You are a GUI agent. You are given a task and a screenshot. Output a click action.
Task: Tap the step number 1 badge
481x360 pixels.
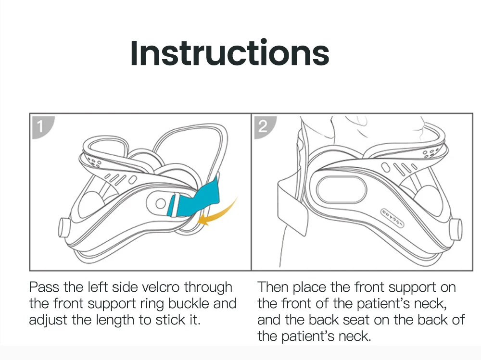tap(40, 126)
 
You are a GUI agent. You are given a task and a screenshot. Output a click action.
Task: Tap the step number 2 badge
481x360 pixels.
tap(263, 126)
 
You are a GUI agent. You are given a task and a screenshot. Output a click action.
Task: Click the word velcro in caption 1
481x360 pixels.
tap(162, 287)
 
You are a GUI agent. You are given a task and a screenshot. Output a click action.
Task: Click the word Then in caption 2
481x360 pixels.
tap(273, 287)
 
